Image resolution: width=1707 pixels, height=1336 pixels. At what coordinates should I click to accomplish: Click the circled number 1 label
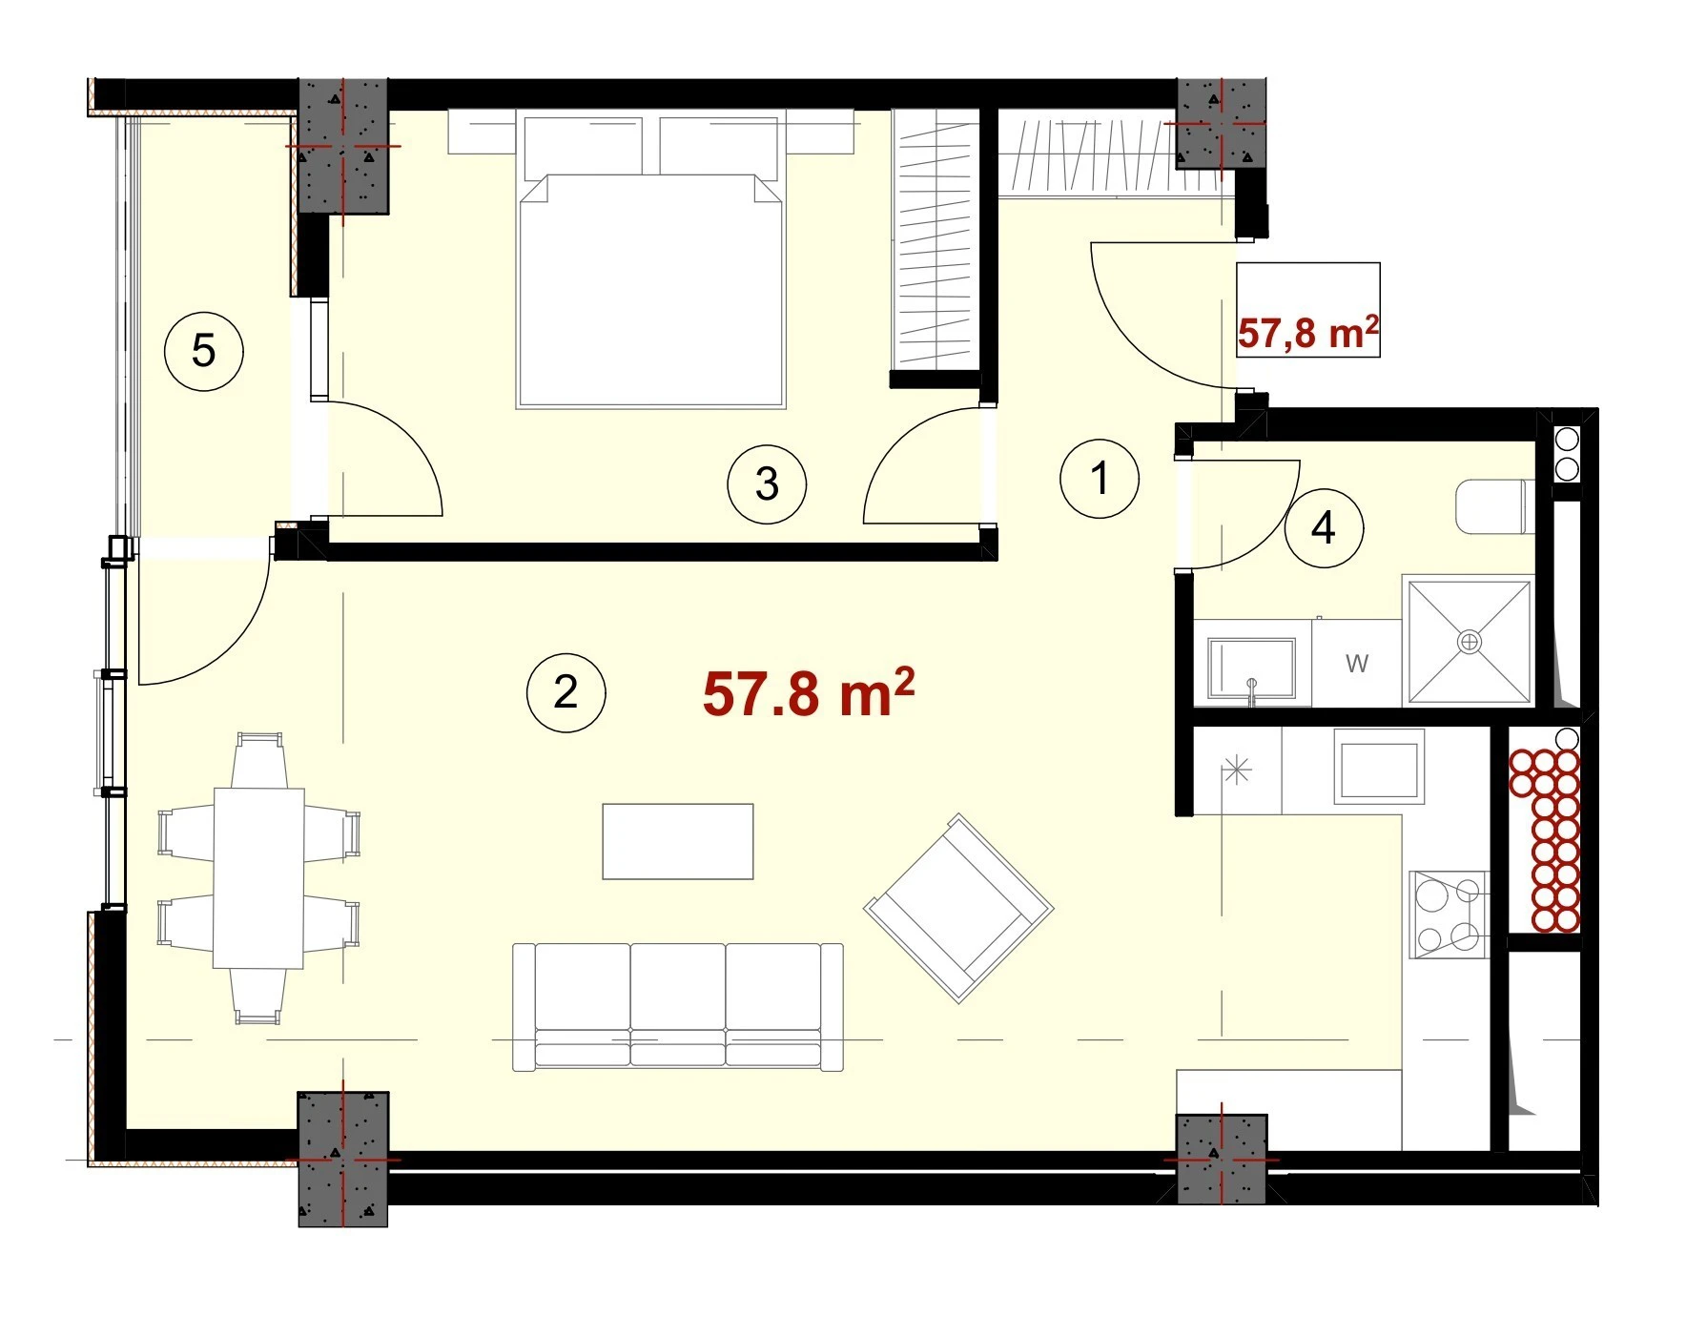tap(1100, 478)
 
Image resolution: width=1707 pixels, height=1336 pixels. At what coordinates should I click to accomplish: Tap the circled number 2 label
tap(566, 692)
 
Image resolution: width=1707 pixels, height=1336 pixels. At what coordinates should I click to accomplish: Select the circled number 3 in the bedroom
tap(767, 484)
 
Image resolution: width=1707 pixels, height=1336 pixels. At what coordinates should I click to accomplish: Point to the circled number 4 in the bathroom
tap(1324, 527)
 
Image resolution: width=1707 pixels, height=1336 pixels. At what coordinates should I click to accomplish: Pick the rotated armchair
tap(958, 908)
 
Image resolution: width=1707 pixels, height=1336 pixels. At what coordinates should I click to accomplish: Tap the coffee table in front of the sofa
tap(678, 841)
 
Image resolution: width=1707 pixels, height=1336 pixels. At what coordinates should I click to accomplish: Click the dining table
tap(258, 877)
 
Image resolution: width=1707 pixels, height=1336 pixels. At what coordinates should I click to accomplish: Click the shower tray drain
tap(1470, 642)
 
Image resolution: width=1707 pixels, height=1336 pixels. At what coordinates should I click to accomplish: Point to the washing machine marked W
tap(1357, 663)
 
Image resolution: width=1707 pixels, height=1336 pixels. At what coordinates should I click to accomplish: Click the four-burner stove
tap(1450, 915)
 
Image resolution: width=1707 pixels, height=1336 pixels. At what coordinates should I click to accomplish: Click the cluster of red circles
tap(1544, 840)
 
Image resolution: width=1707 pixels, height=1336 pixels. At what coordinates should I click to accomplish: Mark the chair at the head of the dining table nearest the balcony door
tap(259, 759)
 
